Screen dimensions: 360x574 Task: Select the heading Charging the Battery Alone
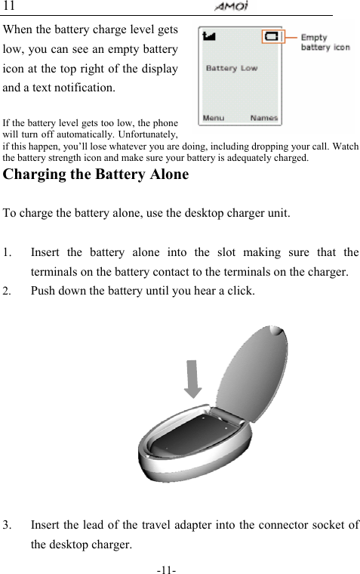click(x=97, y=175)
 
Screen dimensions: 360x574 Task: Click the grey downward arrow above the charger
click(x=194, y=378)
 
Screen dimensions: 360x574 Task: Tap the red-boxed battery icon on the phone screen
click(x=272, y=36)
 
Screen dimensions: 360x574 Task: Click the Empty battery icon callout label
click(x=325, y=42)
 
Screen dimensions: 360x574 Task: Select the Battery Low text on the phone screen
click(x=231, y=68)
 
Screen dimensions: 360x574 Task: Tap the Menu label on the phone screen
click(x=213, y=118)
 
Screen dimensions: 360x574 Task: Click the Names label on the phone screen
click(x=264, y=118)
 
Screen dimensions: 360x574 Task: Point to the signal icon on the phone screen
click(x=209, y=35)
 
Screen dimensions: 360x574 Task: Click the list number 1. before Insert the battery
click(x=8, y=252)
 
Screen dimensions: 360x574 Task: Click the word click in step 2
click(x=245, y=291)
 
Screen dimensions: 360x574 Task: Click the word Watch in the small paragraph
click(x=345, y=146)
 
